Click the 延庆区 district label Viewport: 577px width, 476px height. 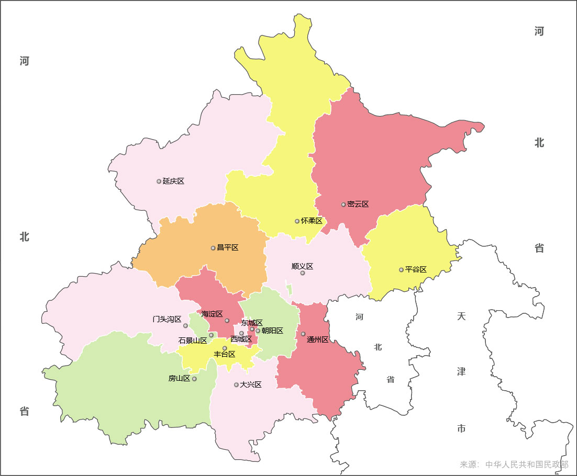[x=173, y=181]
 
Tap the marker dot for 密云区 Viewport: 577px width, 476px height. [x=343, y=205]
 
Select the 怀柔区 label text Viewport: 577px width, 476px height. [x=312, y=221]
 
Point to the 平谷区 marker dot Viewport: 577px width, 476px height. [x=401, y=270]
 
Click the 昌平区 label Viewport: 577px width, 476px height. [x=227, y=247]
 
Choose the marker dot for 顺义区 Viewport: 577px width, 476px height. [x=303, y=273]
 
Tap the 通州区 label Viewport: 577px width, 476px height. [x=318, y=339]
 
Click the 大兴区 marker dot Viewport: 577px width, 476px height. [x=236, y=385]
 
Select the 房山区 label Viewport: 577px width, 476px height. [x=179, y=379]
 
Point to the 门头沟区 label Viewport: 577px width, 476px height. [x=167, y=319]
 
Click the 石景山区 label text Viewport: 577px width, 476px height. [x=193, y=341]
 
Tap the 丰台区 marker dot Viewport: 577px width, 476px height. [x=225, y=348]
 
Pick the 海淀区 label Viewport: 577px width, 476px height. [x=212, y=314]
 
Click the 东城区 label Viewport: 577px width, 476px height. [x=252, y=323]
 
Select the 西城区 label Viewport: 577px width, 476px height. [x=241, y=339]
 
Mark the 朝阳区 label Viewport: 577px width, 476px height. [x=272, y=331]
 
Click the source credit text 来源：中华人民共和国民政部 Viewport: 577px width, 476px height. [x=514, y=464]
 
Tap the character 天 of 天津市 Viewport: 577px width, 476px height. [x=461, y=316]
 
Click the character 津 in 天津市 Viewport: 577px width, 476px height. [x=461, y=372]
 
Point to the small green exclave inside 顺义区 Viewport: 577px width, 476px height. [x=290, y=290]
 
